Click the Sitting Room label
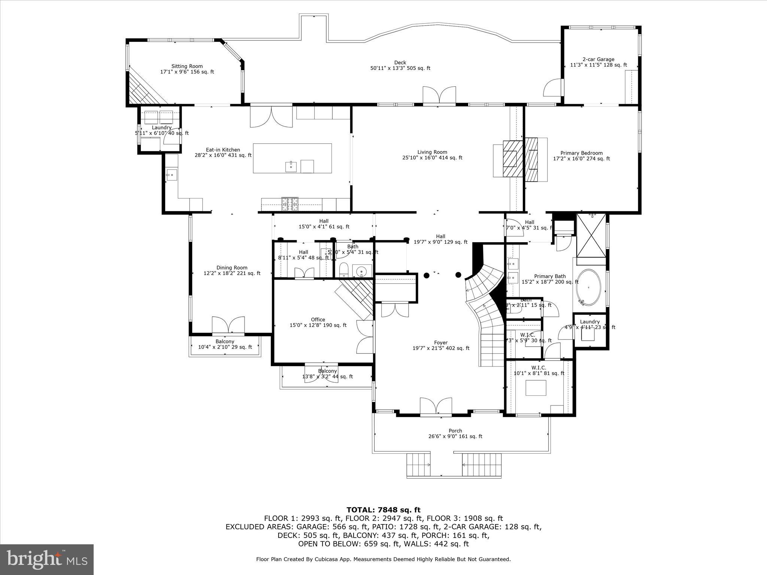pyautogui.click(x=187, y=66)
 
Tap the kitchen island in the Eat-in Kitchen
pyautogui.click(x=292, y=158)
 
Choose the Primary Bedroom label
pyautogui.click(x=581, y=153)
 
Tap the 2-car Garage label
pyautogui.click(x=598, y=59)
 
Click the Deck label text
pyautogui.click(x=400, y=63)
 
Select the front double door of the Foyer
pyautogui.click(x=436, y=407)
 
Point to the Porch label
pyautogui.click(x=455, y=431)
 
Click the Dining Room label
pyautogui.click(x=232, y=268)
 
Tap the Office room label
pyautogui.click(x=318, y=320)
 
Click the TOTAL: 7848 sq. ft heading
pyautogui.click(x=383, y=510)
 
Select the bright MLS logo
pyautogui.click(x=47, y=559)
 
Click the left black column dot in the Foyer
pyautogui.click(x=426, y=276)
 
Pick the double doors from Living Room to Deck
pyautogui.click(x=439, y=96)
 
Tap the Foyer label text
pyautogui.click(x=441, y=343)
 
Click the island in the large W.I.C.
pyautogui.click(x=536, y=388)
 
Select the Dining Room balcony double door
pyautogui.click(x=228, y=326)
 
